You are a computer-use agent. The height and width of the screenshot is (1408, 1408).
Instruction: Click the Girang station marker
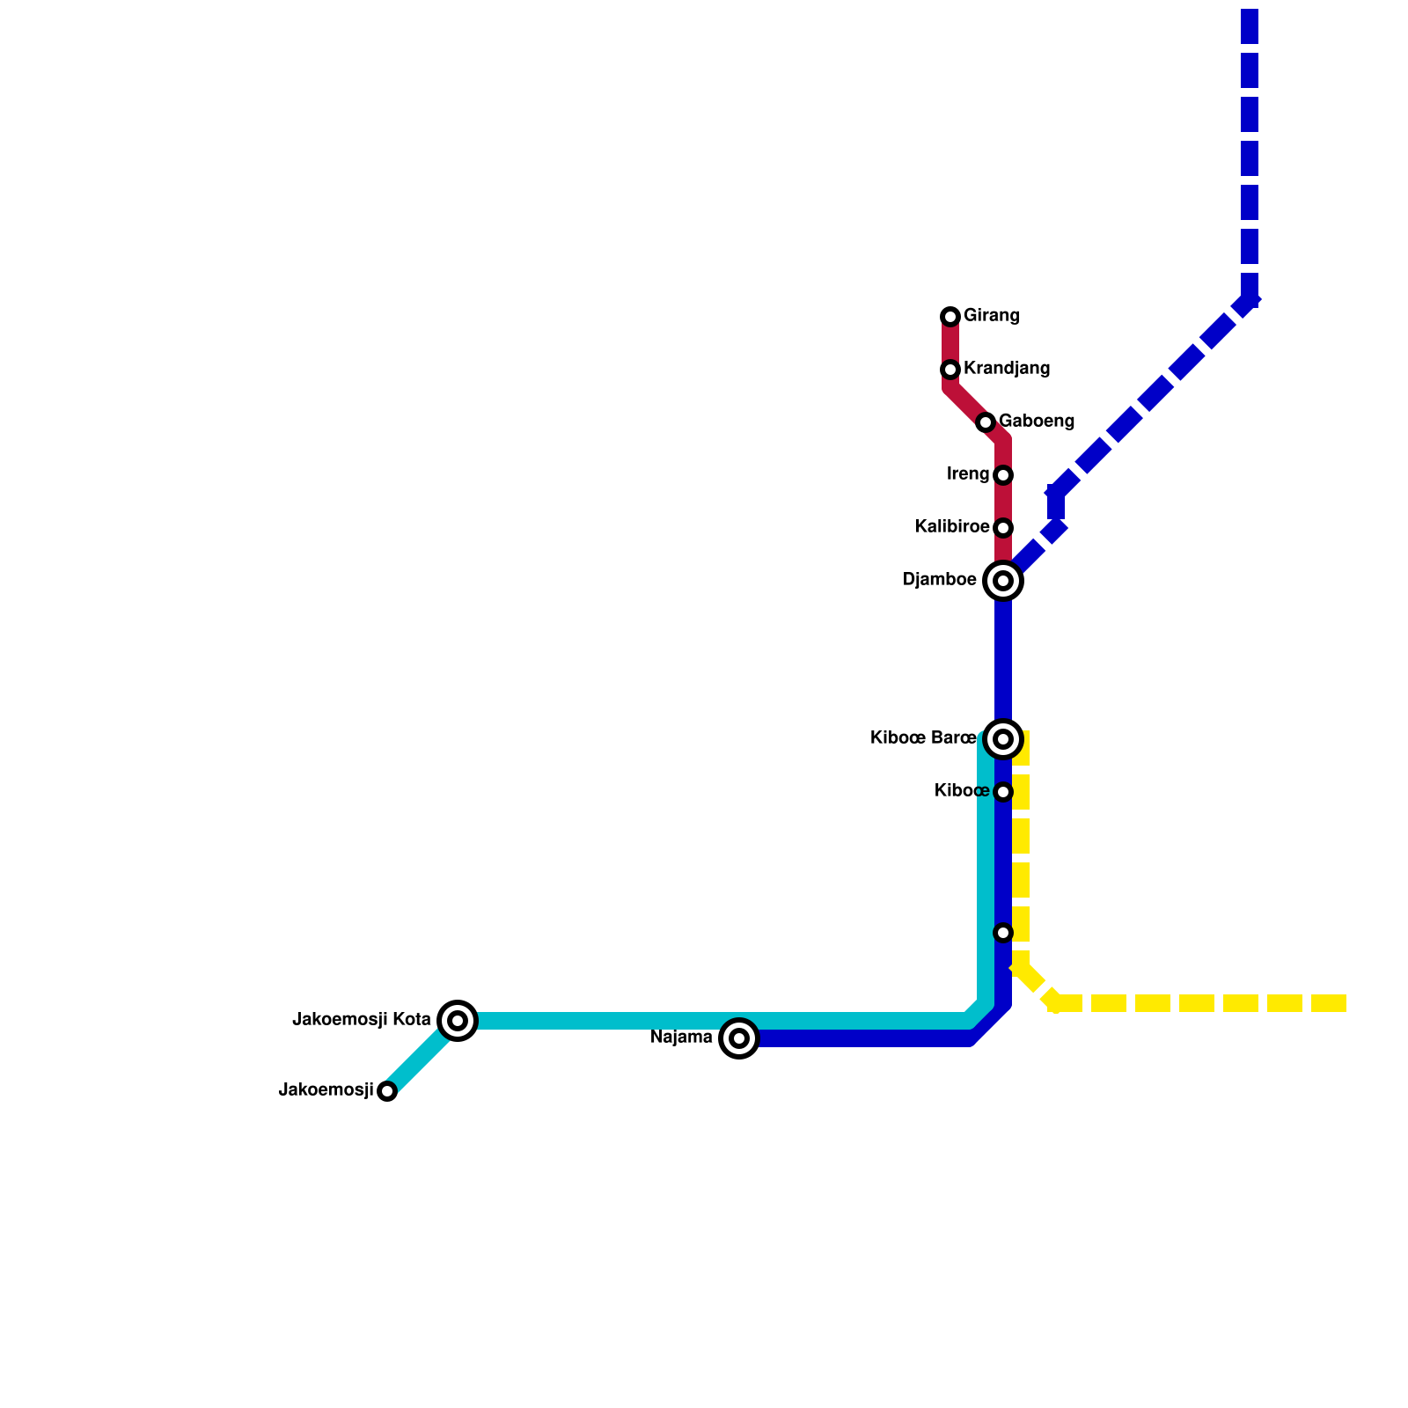pos(950,317)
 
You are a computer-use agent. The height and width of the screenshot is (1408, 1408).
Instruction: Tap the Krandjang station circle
pos(950,370)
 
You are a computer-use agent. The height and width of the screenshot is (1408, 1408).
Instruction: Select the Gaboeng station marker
pos(986,422)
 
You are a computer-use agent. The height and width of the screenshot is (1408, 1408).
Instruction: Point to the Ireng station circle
pos(1003,475)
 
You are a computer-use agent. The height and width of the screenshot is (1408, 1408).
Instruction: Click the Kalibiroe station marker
pos(1003,528)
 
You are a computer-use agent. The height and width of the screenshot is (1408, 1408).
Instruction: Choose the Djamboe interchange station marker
pos(1003,581)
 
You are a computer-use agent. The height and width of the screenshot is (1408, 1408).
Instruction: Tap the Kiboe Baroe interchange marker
pos(1003,739)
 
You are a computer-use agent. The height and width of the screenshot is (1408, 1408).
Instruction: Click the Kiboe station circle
pos(1003,792)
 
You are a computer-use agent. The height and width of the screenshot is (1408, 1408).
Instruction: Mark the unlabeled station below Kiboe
pos(1003,933)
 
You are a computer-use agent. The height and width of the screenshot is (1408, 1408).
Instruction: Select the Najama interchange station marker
pos(739,1038)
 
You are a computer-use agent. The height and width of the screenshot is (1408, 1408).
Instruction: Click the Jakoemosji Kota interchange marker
pos(458,1021)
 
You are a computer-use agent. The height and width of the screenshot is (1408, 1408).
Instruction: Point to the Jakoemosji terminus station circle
pos(387,1091)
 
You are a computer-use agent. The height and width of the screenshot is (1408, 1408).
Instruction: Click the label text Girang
pos(991,316)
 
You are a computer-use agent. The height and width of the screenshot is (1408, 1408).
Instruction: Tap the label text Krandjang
pos(1007,369)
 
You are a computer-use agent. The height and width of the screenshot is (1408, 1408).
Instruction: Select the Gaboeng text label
pos(1037,422)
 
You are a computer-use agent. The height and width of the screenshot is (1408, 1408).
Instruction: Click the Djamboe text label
pos(940,581)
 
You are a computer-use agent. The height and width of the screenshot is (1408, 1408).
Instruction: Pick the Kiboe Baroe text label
pos(923,738)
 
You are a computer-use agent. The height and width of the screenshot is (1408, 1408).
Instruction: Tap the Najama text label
pos(681,1038)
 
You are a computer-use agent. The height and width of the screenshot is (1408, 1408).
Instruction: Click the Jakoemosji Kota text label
pos(362,1020)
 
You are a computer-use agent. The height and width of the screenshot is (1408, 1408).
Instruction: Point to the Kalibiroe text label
pos(952,527)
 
